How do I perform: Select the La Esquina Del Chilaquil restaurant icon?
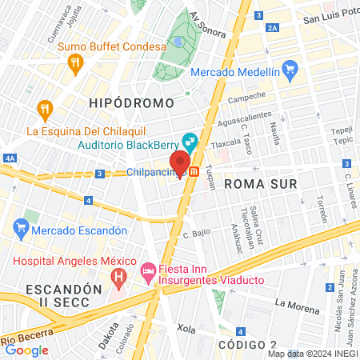coord(46,109)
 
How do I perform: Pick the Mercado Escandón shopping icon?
coord(22,230)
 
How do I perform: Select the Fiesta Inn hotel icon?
coord(148,273)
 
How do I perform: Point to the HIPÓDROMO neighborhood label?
coord(132,103)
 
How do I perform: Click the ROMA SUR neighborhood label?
coord(260,183)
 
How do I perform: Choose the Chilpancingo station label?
coord(155,172)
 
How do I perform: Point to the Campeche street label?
coord(246,100)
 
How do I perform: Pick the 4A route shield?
coord(10,159)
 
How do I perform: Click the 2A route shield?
coord(274,28)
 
